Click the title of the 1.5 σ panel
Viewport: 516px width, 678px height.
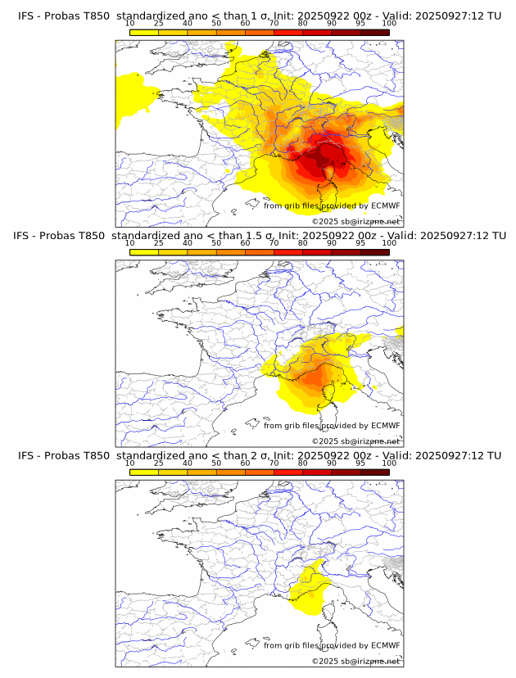tap(259, 236)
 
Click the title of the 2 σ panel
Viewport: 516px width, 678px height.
tap(259, 455)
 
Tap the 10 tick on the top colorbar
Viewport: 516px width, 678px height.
tap(130, 24)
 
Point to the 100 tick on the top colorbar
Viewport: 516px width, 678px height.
tap(389, 24)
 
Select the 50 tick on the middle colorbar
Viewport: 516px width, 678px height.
tap(216, 243)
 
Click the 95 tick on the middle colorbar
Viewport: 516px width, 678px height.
tap(360, 243)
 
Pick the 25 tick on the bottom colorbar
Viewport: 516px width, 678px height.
tap(159, 463)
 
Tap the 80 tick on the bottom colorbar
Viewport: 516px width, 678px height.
tap(303, 463)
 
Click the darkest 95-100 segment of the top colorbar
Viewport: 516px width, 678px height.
tap(374, 32)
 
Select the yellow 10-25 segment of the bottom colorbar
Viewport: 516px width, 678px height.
tap(144, 472)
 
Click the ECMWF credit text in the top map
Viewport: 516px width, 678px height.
tap(332, 206)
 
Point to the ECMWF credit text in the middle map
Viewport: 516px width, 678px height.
tap(332, 426)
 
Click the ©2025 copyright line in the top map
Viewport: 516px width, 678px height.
tap(355, 221)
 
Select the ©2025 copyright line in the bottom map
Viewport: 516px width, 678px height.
tap(355, 661)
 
